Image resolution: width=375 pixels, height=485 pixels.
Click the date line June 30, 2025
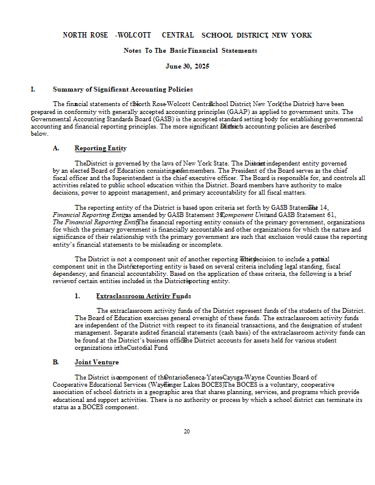coord(187,65)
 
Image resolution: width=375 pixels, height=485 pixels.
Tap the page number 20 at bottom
coord(187,431)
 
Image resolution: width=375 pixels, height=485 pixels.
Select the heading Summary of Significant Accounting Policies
coord(123,90)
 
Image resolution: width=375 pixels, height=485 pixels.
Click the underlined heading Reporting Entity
coord(101,149)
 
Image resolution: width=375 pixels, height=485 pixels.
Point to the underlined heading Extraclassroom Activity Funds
coord(143,296)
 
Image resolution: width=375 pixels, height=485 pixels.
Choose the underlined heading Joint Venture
coord(96,363)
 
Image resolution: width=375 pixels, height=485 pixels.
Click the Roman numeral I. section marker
coord(33,90)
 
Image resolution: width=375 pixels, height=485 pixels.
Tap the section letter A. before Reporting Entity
coord(56,149)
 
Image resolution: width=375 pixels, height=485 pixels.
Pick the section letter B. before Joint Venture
coord(56,363)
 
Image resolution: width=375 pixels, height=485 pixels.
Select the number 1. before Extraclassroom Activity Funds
coord(78,296)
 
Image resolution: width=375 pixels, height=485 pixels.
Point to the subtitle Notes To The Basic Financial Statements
coord(190,50)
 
